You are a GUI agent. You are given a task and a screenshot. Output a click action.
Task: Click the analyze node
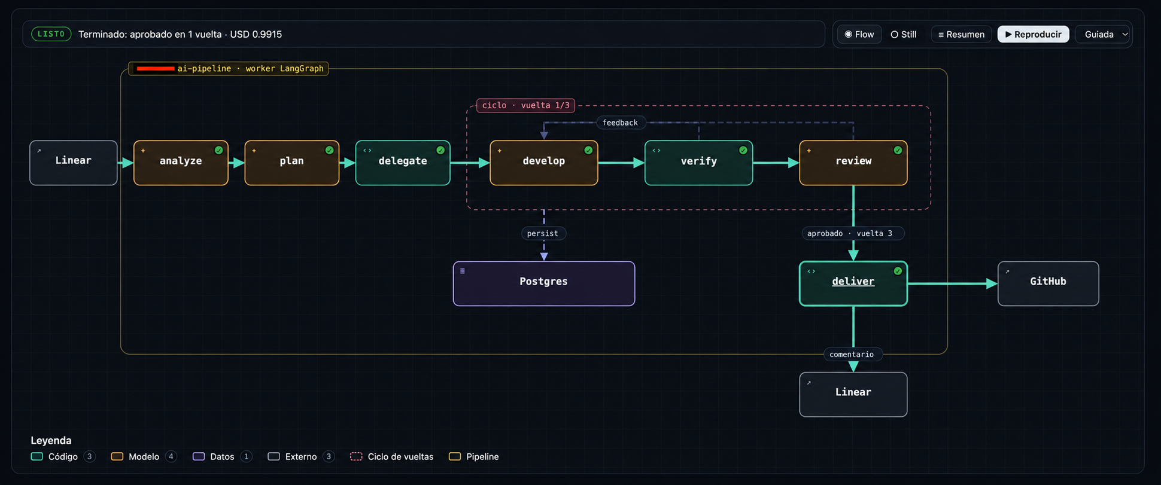click(181, 163)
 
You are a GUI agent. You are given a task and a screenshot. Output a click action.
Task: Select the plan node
click(292, 163)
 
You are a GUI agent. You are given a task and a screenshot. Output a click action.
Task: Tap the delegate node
click(403, 163)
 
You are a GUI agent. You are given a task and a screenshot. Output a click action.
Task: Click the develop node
click(544, 163)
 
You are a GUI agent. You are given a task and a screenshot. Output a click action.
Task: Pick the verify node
click(698, 163)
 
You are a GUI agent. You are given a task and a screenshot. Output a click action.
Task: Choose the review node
click(853, 163)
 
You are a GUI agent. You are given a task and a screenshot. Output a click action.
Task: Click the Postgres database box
click(544, 283)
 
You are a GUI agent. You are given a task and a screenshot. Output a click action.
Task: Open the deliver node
click(853, 283)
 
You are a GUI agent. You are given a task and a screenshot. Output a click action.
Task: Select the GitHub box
click(1048, 283)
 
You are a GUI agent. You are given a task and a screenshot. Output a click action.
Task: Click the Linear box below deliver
click(853, 395)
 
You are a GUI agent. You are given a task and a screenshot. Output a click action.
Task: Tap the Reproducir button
click(1034, 34)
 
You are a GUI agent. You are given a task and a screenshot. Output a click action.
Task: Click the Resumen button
click(961, 34)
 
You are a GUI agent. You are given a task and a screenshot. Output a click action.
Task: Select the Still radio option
click(904, 34)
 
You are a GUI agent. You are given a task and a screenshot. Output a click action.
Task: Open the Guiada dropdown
click(1104, 34)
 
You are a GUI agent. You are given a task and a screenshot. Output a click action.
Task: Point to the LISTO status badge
click(51, 34)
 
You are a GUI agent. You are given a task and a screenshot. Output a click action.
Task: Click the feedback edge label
click(621, 123)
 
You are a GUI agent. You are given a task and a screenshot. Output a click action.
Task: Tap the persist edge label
click(543, 233)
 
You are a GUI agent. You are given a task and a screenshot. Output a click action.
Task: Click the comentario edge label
click(852, 354)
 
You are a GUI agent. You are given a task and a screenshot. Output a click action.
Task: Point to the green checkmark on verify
click(743, 150)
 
